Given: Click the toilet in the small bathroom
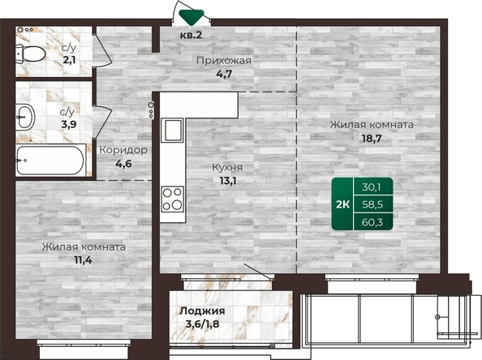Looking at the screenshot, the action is (x=30, y=54).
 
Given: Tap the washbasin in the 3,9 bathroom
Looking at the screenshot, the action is (x=25, y=117).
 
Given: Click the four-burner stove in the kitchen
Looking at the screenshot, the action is (x=172, y=199).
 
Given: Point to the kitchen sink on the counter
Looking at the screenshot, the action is (x=172, y=130).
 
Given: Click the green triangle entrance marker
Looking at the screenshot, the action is (x=192, y=16).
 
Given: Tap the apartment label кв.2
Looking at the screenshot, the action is (x=191, y=35).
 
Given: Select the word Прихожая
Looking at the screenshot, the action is (x=224, y=61).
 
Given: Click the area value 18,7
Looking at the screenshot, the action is (x=372, y=139).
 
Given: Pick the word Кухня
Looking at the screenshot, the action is (x=227, y=167).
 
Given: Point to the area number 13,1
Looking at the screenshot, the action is (x=228, y=181).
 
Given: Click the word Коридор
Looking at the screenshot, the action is (x=123, y=150).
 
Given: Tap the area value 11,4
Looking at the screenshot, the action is (x=83, y=260).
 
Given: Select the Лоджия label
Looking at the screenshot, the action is (x=202, y=311).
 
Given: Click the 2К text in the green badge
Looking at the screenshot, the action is (x=342, y=204).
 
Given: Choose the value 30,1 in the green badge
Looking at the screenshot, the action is (x=372, y=186).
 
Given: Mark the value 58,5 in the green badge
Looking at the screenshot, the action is (x=372, y=204).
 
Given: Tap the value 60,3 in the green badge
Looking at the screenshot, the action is (x=372, y=222).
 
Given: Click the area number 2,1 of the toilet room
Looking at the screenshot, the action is (x=69, y=59).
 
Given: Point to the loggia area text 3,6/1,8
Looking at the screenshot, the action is (x=202, y=324).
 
